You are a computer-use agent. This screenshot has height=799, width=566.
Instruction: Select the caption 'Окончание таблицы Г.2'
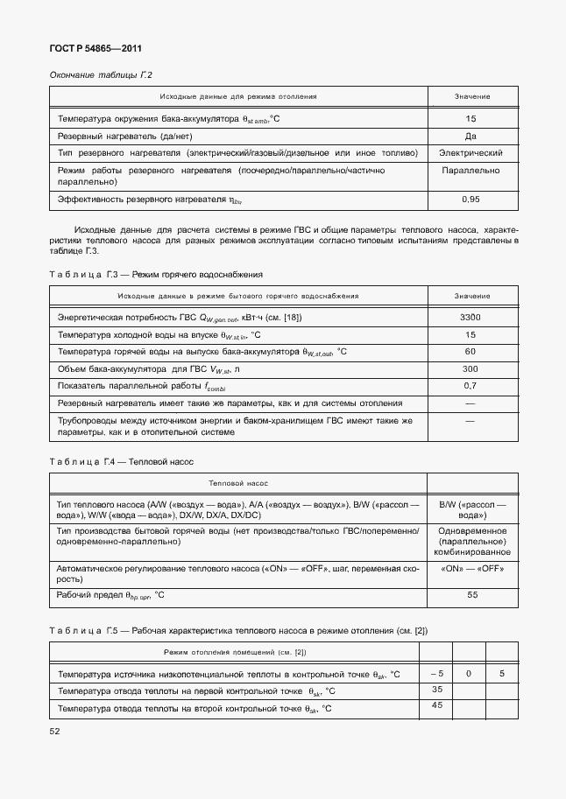(101, 75)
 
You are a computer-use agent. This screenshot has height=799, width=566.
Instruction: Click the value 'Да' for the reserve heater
(470, 137)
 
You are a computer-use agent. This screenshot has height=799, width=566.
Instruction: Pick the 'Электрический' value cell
(470, 153)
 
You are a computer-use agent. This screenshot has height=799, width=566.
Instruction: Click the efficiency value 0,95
(470, 200)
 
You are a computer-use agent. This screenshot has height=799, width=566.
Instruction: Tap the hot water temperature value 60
(470, 351)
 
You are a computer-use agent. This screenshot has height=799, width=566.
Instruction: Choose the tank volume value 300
(470, 368)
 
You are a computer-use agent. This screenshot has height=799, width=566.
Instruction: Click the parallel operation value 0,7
(470, 385)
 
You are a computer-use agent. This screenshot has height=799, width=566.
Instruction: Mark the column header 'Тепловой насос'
(237, 482)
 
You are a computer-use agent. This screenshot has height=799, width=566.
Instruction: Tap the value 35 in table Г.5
(437, 690)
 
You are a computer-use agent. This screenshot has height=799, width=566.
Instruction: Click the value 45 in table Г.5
(437, 706)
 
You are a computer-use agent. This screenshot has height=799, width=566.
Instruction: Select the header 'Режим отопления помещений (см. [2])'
(234, 652)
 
